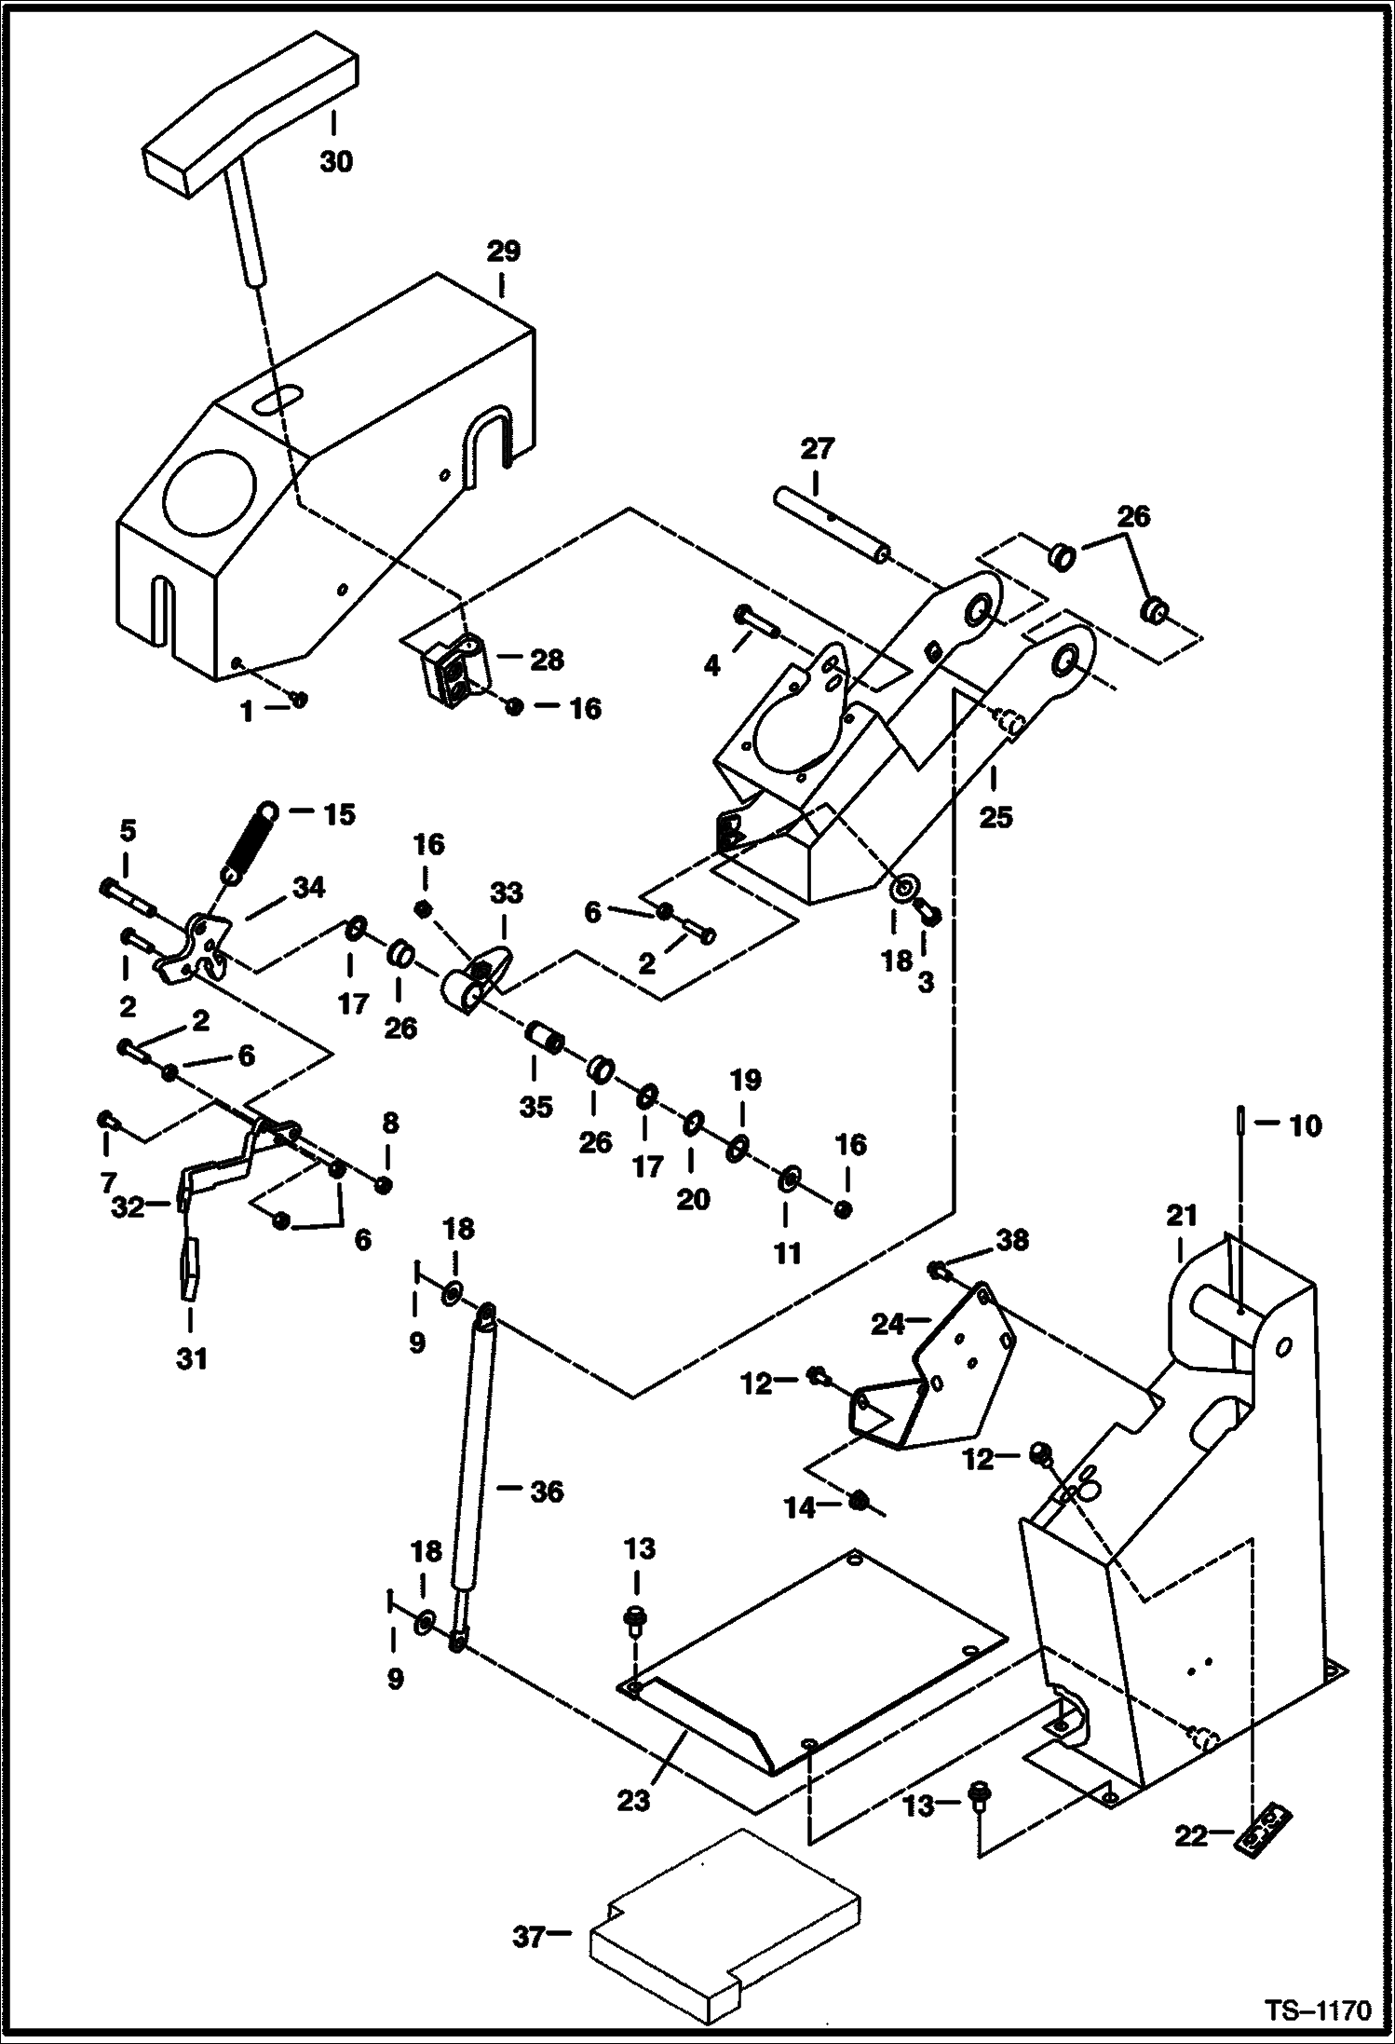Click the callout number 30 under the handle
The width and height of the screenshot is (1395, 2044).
336,161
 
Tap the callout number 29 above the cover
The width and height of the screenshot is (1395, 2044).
503,252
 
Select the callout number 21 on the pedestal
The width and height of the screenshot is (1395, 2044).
1181,1215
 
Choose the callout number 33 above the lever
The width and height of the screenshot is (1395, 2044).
507,893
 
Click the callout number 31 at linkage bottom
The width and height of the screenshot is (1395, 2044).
191,1359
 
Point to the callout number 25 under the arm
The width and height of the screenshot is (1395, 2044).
995,817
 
